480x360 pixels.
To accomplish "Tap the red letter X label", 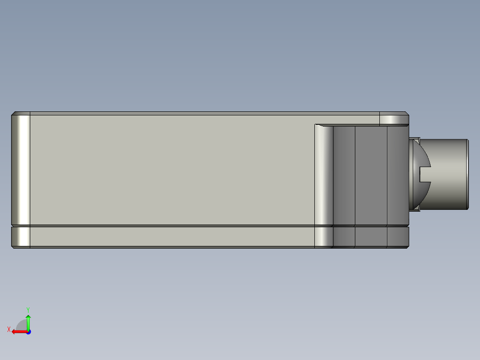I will point(9,329).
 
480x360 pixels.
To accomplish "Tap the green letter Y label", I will point(28,309).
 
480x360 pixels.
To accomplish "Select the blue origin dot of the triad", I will point(28,331).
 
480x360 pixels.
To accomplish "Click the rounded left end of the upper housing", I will point(20,169).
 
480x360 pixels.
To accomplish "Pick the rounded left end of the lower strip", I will point(20,237).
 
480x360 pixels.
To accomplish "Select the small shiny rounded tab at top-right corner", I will point(394,119).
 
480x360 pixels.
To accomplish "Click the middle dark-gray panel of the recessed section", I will point(370,175).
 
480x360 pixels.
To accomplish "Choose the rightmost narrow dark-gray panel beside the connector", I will point(397,175).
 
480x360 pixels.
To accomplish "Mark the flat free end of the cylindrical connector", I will point(467,174).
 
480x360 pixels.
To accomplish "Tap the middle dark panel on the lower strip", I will point(370,237).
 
